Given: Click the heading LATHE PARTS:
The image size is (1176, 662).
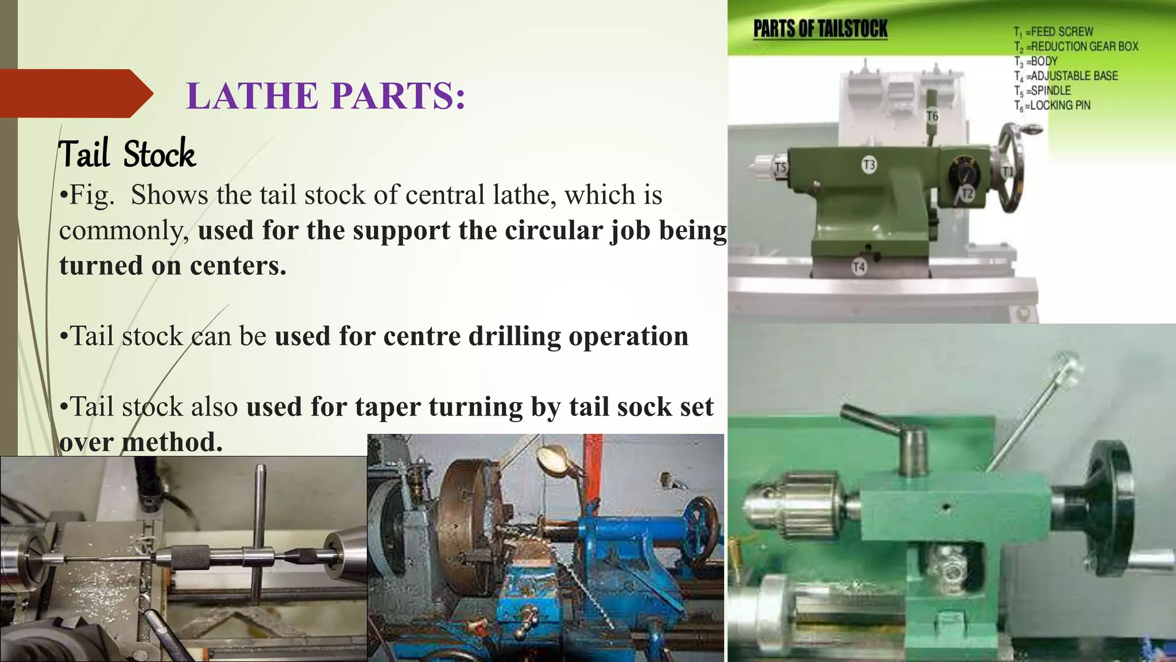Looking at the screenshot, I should [326, 95].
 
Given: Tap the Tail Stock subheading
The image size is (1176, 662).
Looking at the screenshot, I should [127, 154].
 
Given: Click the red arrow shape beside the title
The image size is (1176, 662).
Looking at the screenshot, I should [75, 93].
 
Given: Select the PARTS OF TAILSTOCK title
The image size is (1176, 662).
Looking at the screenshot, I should [820, 29].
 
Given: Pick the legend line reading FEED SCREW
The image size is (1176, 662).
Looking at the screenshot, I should [1054, 32].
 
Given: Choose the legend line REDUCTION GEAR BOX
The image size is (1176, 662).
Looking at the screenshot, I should [1076, 47].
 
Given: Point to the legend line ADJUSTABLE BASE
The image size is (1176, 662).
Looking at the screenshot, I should [1066, 76].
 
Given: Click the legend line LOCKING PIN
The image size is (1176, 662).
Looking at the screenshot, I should [1052, 106].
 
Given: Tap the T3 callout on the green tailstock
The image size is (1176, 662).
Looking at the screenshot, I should [869, 165].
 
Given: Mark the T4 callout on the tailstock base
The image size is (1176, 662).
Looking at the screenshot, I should [858, 267].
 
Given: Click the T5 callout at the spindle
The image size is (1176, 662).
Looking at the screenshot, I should [780, 168].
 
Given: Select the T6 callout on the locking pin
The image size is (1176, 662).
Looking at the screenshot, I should [932, 117].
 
